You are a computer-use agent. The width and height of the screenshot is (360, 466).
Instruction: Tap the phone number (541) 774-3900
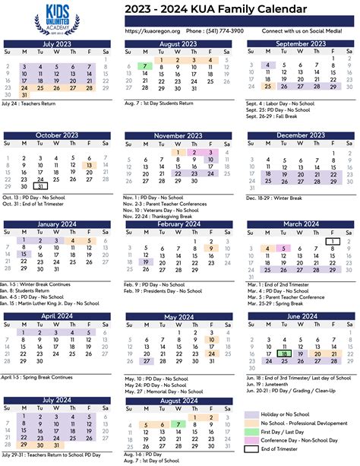[204, 30]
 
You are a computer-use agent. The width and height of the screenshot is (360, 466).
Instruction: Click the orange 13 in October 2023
[90, 165]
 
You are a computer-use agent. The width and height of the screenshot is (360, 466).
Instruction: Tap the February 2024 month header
[178, 224]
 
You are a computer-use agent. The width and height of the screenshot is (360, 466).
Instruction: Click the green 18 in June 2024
[283, 353]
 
